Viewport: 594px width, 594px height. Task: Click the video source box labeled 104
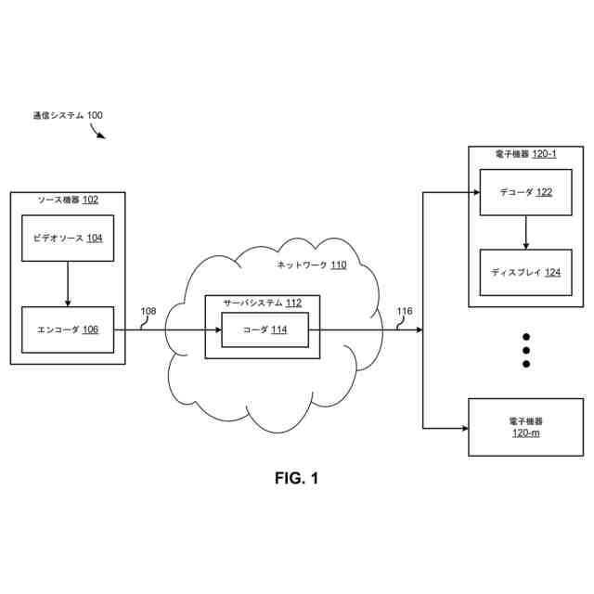click(67, 239)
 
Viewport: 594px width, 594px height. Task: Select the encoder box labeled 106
click(67, 329)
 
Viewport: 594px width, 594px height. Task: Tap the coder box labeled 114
click(265, 329)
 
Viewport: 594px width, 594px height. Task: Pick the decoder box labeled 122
click(525, 193)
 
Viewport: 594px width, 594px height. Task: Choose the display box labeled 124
click(525, 273)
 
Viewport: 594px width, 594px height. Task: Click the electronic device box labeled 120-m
click(525, 427)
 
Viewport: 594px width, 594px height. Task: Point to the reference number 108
click(148, 312)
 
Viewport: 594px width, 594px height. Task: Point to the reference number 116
click(405, 312)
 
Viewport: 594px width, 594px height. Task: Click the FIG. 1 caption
click(296, 479)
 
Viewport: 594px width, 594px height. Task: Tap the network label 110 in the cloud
click(312, 265)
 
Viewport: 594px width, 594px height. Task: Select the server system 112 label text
click(262, 303)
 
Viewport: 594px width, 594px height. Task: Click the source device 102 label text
click(68, 200)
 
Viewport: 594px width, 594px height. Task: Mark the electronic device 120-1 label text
click(525, 153)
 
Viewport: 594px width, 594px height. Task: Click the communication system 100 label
click(68, 116)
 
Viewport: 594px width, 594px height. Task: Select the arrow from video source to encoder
click(67, 284)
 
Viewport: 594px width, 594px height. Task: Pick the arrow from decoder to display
click(525, 233)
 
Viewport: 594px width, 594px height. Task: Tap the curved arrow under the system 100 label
click(97, 131)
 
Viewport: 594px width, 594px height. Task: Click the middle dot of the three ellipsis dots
click(525, 350)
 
